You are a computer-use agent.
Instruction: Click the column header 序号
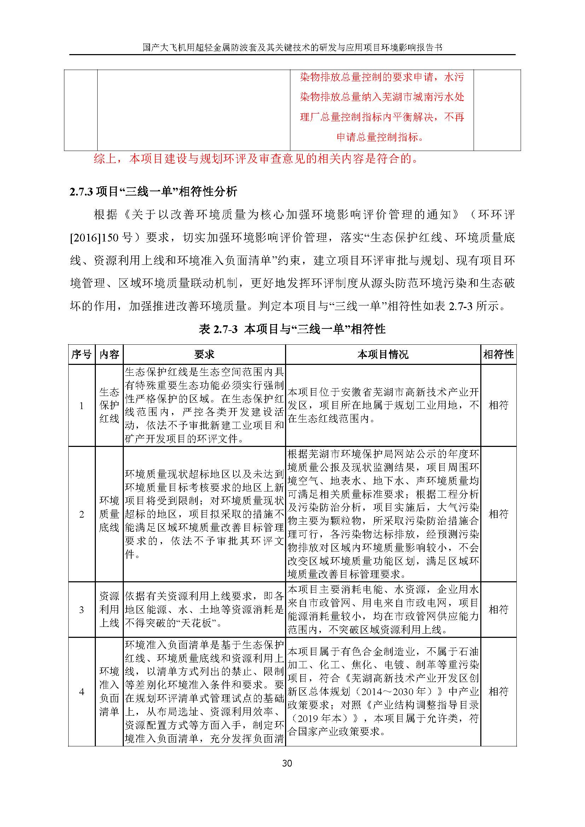pos(81,355)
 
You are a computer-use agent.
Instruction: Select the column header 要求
pos(204,355)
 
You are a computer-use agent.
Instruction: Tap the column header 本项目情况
pos(383,355)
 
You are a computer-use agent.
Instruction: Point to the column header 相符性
pos(499,355)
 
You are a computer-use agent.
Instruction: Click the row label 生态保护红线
pos(109,406)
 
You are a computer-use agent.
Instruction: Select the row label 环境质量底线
pos(109,514)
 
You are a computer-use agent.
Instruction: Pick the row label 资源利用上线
pos(109,610)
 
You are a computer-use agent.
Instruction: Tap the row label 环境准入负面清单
pos(109,692)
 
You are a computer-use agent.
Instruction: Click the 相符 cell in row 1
pos(499,406)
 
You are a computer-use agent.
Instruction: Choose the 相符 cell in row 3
pos(499,610)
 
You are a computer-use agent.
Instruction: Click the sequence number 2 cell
pos(81,514)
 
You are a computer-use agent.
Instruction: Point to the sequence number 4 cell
pos(81,692)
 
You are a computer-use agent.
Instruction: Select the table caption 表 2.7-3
pos(218,329)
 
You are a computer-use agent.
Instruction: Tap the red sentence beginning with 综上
pos(256,159)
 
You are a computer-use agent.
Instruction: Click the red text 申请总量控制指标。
pos(382,137)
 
